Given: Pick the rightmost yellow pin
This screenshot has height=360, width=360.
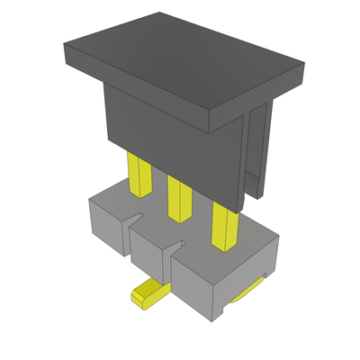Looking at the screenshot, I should point(220,225).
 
